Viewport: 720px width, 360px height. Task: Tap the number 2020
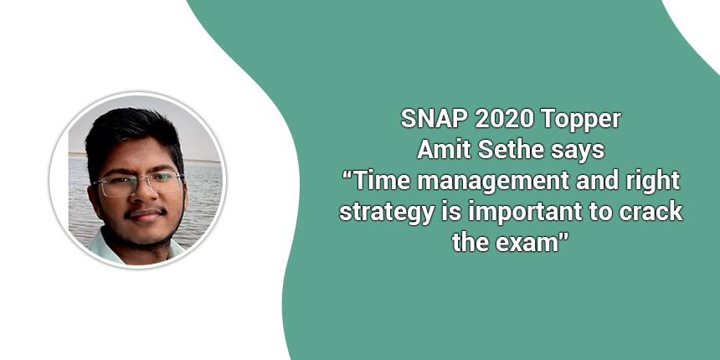pos(504,120)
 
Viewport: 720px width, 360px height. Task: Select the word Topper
pos(580,121)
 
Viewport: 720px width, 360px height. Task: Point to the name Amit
pos(444,150)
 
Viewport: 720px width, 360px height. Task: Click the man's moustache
pos(146,212)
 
